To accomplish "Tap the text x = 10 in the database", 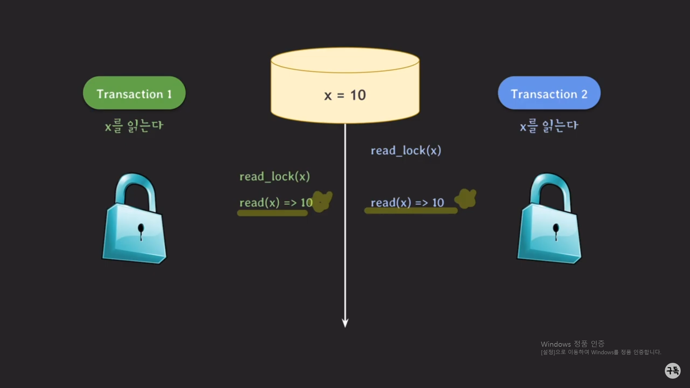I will tap(345, 95).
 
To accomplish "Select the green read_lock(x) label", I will tap(275, 176).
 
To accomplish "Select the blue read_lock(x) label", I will tap(406, 151).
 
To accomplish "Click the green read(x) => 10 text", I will tap(276, 203).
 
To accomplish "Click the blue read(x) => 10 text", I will tap(407, 203).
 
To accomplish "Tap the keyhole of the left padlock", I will tap(141, 230).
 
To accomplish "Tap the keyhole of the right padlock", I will tap(556, 230).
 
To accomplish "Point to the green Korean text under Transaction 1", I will tap(134, 126).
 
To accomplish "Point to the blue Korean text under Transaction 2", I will tap(549, 126).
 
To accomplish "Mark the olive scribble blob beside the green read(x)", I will tap(323, 200).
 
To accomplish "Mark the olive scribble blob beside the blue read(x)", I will tap(466, 199).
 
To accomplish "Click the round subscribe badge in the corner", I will tap(672, 370).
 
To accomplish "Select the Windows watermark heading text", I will tap(572, 344).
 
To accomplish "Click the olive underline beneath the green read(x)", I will tap(272, 213).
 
